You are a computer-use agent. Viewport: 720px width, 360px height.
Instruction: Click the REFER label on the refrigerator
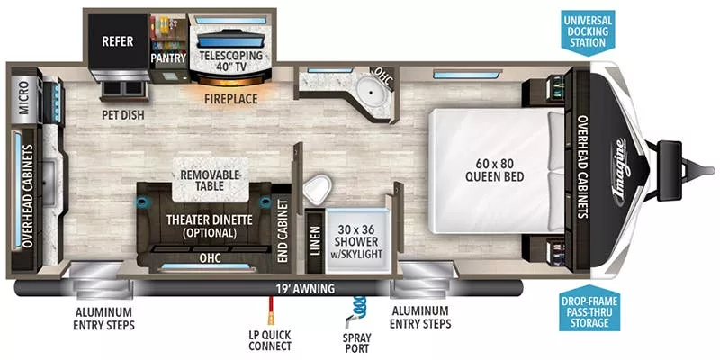[x=117, y=41]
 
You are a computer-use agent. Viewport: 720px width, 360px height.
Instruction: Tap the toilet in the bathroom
[x=316, y=191]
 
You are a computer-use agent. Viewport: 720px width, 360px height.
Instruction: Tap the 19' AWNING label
[x=305, y=289]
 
